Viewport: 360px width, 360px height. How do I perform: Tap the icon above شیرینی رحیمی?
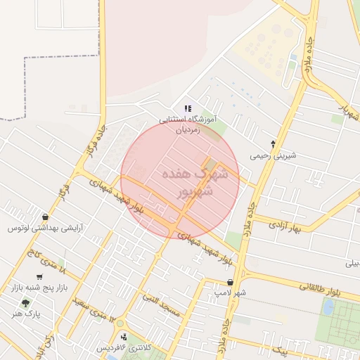[274, 143]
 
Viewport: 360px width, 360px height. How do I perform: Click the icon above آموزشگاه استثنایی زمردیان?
[187, 108]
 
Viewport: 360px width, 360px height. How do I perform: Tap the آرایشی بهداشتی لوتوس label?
[44, 229]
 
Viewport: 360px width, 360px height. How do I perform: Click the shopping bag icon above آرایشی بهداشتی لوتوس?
[46, 217]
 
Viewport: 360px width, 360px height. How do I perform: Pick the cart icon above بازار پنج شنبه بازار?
[39, 277]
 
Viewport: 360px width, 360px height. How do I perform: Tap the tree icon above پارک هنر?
[26, 304]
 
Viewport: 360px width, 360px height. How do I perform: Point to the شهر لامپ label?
[231, 292]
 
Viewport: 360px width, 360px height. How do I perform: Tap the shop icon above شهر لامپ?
[230, 282]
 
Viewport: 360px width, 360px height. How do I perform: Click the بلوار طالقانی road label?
[319, 286]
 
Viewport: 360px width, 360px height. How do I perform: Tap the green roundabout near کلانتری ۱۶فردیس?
[120, 324]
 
